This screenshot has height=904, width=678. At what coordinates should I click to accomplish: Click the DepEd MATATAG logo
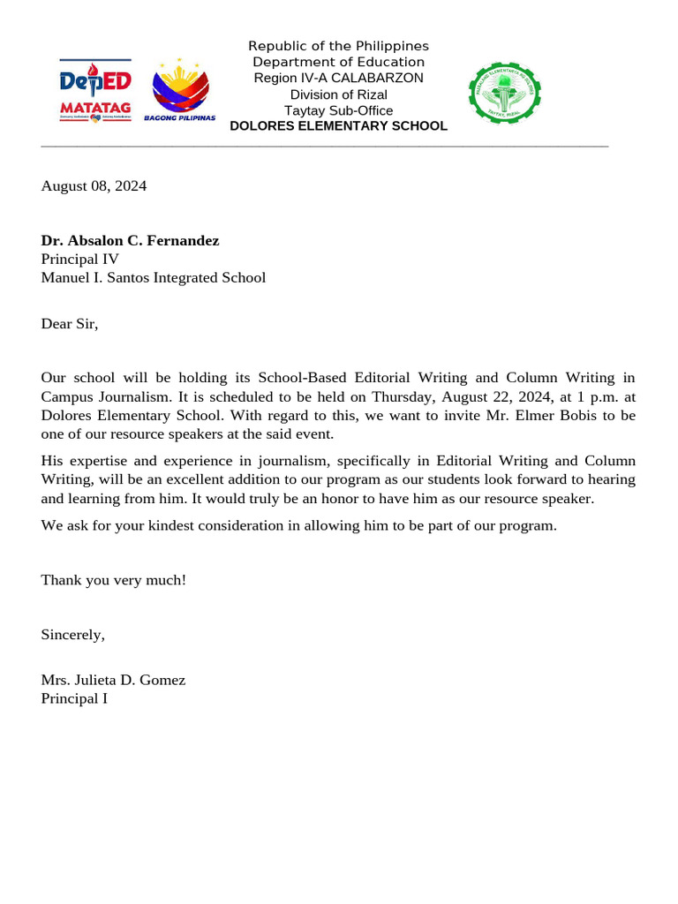coord(95,89)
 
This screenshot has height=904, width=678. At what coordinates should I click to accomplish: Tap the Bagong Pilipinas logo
coord(180,92)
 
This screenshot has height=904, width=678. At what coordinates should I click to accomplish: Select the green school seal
coord(504,92)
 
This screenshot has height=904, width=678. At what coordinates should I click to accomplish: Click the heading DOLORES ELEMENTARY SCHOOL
coord(338,126)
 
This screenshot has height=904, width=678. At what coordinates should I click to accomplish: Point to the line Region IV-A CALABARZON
coord(338,78)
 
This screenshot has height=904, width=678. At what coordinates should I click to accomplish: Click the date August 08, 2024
coord(94,186)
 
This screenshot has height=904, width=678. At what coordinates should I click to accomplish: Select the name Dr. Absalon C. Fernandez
coord(130,241)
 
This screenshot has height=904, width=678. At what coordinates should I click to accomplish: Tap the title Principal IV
coord(79,260)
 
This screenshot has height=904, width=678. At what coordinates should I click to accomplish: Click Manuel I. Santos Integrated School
coord(153,278)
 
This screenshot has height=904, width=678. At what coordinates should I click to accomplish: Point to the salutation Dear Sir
coord(70,324)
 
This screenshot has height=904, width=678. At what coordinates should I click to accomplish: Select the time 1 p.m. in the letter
coord(586,397)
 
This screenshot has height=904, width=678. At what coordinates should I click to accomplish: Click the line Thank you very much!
coord(113,581)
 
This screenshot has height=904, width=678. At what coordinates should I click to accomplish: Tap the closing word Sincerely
coord(72,635)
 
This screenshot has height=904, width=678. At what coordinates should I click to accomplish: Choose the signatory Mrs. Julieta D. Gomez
coord(113,681)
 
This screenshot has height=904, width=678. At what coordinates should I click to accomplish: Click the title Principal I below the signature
coord(74,699)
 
